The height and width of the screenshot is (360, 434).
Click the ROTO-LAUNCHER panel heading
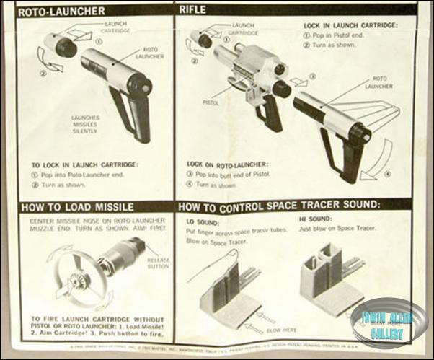click(61, 12)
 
